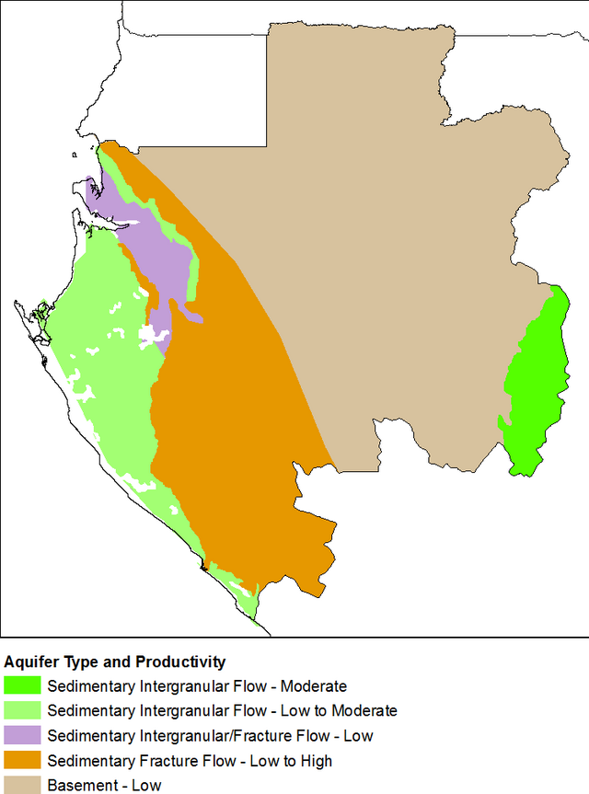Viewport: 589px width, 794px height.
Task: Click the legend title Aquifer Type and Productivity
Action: point(115,662)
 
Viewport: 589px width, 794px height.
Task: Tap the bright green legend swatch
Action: point(22,685)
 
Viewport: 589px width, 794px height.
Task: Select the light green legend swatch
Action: point(22,710)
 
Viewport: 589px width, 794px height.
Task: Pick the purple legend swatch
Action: point(22,735)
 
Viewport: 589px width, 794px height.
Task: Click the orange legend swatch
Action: point(22,760)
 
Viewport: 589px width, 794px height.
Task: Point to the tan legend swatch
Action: point(22,785)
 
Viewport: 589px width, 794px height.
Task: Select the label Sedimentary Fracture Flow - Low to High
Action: point(190,761)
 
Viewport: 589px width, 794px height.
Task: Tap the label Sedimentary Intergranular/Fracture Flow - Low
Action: point(210,736)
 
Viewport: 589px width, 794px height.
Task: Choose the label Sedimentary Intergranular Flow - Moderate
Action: point(197,686)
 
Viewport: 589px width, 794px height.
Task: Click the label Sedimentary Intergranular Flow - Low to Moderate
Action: point(222,711)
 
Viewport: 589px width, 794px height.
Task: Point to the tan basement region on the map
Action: point(387,230)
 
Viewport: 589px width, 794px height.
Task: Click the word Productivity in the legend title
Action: point(180,662)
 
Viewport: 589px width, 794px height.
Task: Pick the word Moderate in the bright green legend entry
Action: point(314,686)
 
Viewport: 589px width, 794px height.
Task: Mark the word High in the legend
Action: point(317,761)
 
